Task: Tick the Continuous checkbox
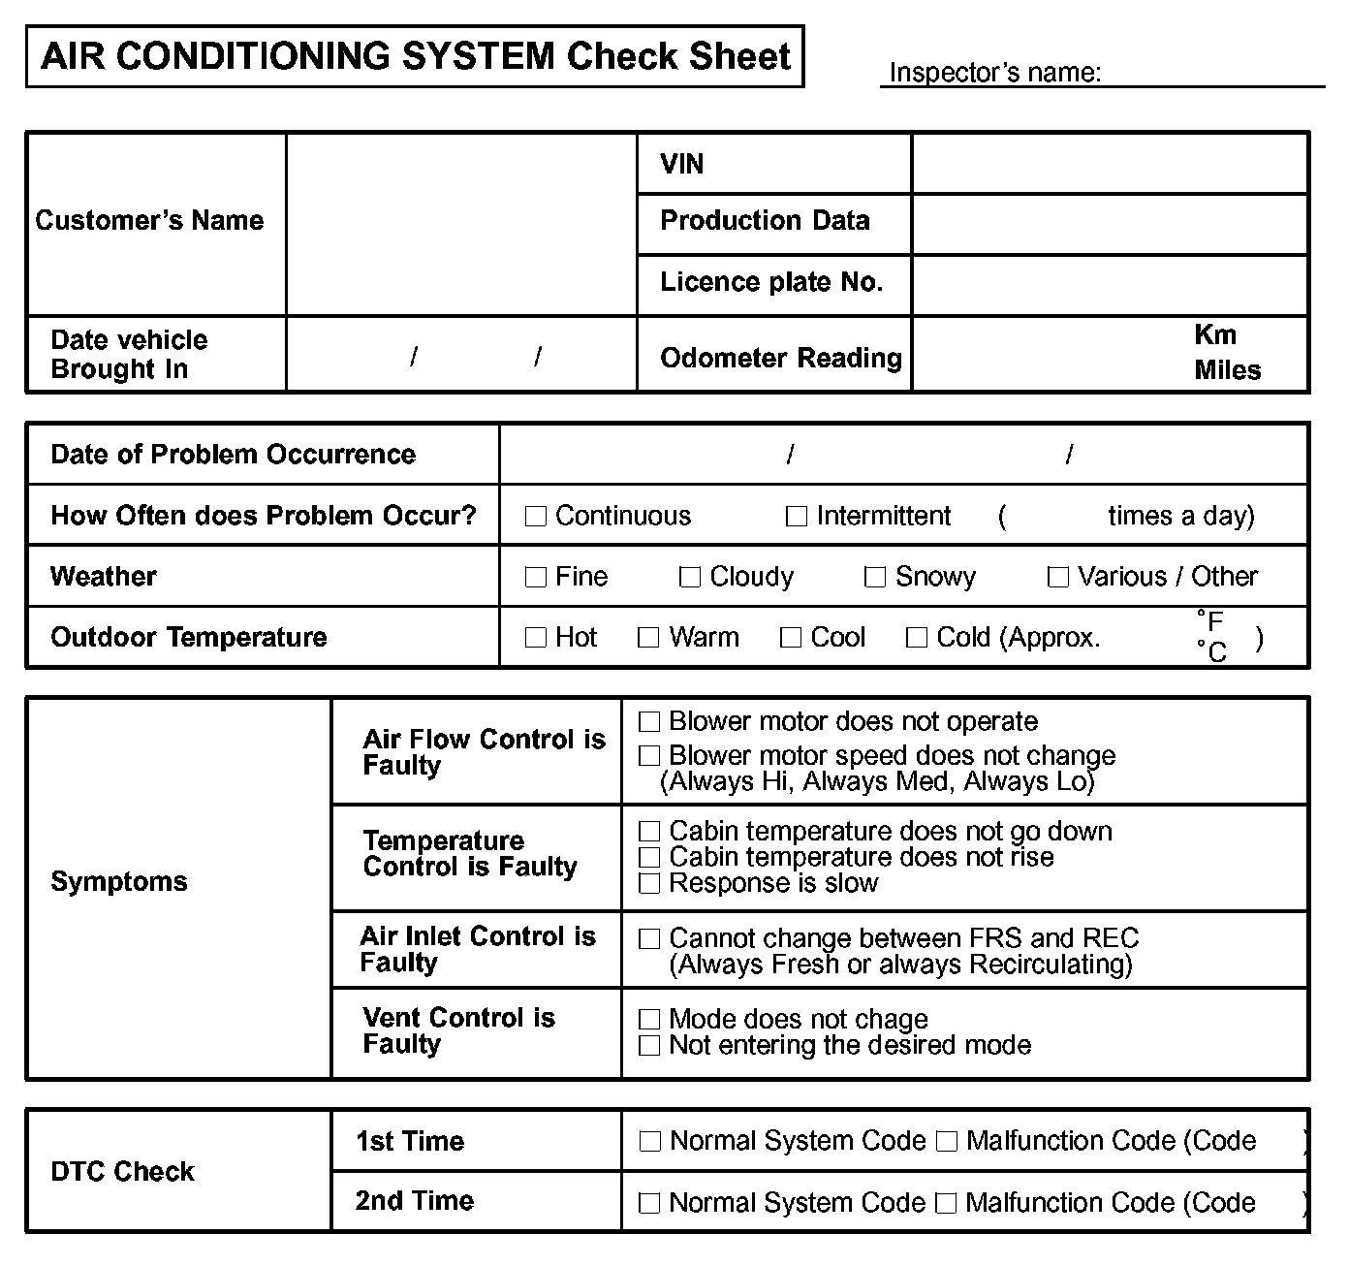tap(535, 517)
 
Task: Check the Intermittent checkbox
tap(796, 517)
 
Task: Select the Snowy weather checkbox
tap(874, 578)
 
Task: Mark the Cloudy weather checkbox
tap(689, 578)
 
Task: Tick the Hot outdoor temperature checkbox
tap(535, 638)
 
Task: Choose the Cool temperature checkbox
tap(791, 638)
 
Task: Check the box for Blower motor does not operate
tap(649, 722)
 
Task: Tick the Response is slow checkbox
tap(649, 883)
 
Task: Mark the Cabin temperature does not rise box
tap(649, 858)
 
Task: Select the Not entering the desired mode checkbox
tap(649, 1046)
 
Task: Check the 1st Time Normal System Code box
tap(649, 1142)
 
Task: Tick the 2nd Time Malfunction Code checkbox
tap(947, 1204)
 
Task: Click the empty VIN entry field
tap(1110, 164)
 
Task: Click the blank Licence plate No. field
tap(1110, 284)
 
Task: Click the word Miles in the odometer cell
tap(1227, 370)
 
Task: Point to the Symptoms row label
tap(119, 882)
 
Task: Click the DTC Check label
tap(123, 1172)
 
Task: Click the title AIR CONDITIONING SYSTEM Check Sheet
tap(416, 56)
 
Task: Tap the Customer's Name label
tap(149, 221)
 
